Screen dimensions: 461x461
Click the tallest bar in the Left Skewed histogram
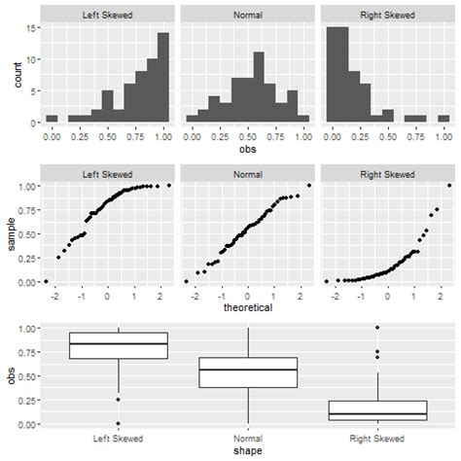162,78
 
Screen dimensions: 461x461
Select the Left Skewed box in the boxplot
119,345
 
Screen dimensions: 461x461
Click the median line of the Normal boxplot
248,370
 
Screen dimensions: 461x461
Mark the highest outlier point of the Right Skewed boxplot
377,328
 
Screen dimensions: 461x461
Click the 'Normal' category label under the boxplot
248,437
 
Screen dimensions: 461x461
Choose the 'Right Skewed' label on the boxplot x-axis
377,437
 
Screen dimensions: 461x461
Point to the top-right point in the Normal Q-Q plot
310,186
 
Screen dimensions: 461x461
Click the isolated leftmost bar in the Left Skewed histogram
52,119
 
